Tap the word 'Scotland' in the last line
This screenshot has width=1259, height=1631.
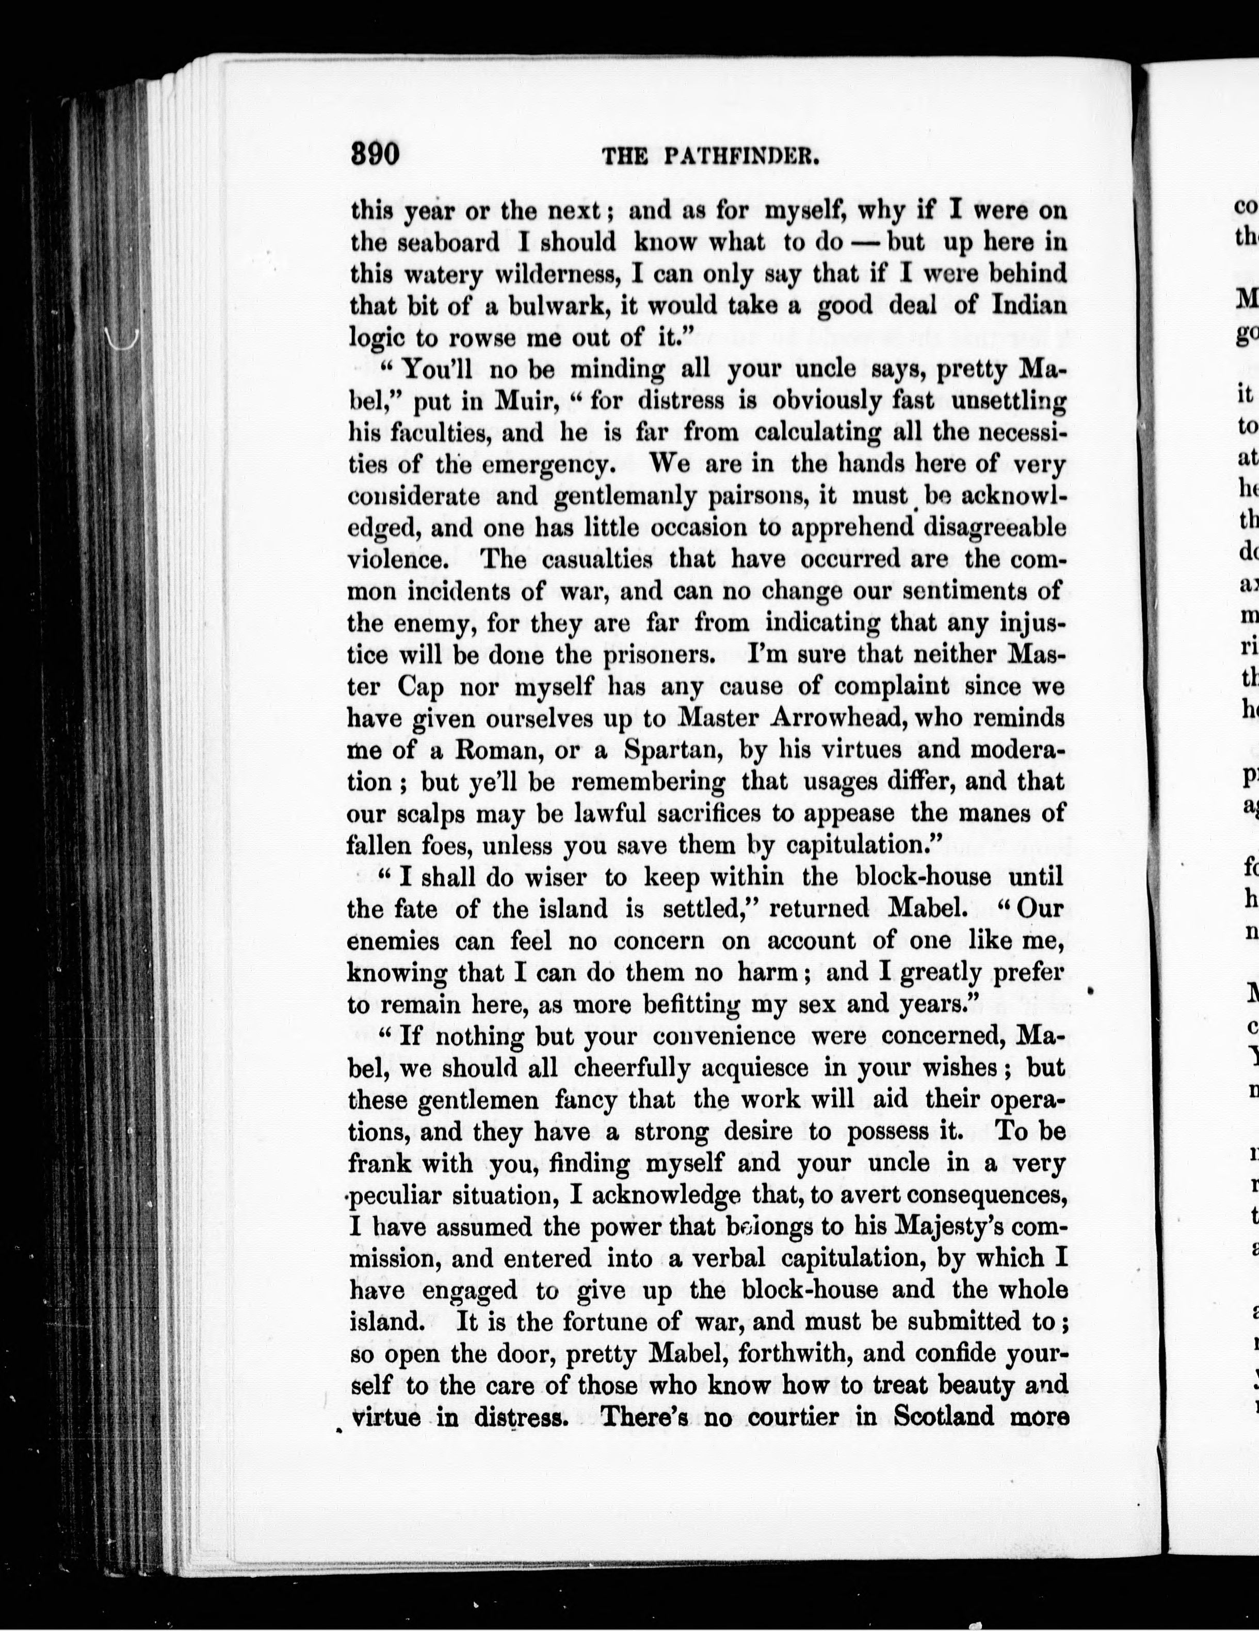click(943, 1418)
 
